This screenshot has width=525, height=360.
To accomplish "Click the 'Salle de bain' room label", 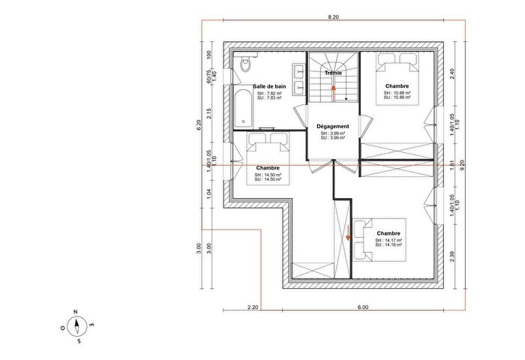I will pos(268,87).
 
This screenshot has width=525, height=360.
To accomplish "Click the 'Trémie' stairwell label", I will pos(333,73).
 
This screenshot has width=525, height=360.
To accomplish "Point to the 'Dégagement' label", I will pos(333,127).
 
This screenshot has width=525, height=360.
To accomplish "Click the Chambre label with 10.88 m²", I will pos(397,86).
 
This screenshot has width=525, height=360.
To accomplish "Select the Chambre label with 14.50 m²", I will pos(268,167).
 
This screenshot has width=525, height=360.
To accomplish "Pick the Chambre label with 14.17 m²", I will pos(388,232).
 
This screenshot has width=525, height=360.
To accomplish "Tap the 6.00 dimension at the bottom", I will pos(362,307).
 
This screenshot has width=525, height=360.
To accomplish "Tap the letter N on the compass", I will pos(76,312).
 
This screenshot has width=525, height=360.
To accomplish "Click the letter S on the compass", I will pos(77,341).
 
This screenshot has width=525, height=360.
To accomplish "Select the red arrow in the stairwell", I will pos(334,90).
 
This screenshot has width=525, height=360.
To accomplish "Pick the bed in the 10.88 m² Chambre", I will pos(397,79).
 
